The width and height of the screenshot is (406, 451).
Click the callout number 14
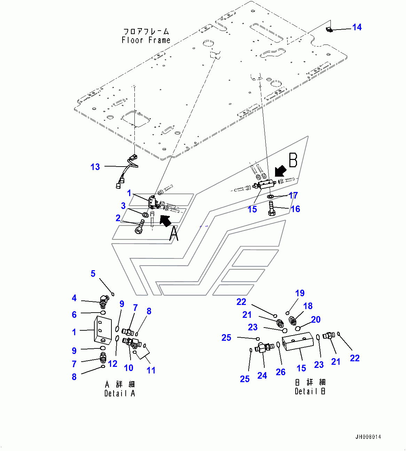click(357, 27)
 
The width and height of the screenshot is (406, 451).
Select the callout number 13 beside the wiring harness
click(95, 167)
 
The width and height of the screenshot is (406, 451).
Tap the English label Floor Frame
click(146, 40)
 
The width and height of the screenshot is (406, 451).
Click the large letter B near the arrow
click(293, 160)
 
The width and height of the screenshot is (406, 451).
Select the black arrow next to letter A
click(165, 220)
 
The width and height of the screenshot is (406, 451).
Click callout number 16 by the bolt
click(295, 209)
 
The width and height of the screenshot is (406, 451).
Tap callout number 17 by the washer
click(293, 195)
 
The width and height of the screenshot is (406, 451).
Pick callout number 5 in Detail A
click(93, 274)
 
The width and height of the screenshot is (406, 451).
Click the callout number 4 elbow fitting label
click(74, 298)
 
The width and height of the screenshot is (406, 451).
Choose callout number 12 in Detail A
click(112, 364)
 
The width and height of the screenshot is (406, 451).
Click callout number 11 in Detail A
click(151, 370)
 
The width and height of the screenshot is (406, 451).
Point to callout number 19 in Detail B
click(300, 293)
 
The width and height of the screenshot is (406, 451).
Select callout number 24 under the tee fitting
click(262, 376)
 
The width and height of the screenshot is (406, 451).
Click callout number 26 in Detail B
click(281, 372)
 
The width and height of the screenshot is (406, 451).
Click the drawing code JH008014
click(368, 437)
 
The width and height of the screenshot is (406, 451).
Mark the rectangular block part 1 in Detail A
click(102, 329)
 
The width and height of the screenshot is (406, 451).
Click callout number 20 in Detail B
click(316, 320)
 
